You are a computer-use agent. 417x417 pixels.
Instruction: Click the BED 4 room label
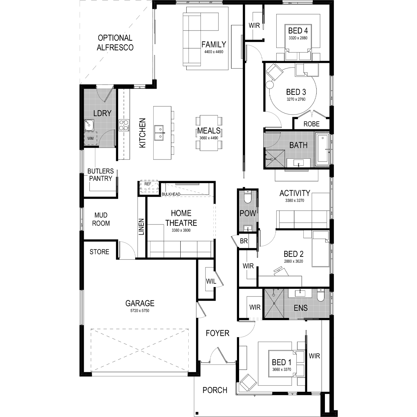pyautogui.click(x=298, y=31)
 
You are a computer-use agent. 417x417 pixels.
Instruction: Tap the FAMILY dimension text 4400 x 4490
pyautogui.click(x=214, y=52)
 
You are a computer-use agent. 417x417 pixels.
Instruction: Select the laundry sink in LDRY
pyautogui.click(x=89, y=125)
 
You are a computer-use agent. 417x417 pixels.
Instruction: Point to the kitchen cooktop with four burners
pyautogui.click(x=124, y=125)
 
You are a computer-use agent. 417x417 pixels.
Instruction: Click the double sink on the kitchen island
pyautogui.click(x=159, y=133)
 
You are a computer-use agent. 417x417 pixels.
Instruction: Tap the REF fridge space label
pyautogui.click(x=148, y=184)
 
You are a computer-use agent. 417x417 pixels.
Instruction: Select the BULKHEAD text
pyautogui.click(x=171, y=194)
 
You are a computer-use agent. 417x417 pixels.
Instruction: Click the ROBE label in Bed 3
pyautogui.click(x=311, y=124)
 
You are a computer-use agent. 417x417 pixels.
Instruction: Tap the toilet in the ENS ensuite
pyautogui.click(x=321, y=295)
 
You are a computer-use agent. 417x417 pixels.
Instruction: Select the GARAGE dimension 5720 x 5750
pyautogui.click(x=140, y=311)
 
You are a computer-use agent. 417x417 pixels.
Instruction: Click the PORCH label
pyautogui.click(x=215, y=390)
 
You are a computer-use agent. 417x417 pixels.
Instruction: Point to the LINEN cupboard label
pyautogui.click(x=141, y=227)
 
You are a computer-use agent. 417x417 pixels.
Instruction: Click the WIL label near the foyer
pyautogui.click(x=211, y=281)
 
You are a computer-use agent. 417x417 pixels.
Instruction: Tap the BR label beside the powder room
pyautogui.click(x=244, y=241)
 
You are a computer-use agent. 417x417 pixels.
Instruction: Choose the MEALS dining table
pyautogui.click(x=209, y=133)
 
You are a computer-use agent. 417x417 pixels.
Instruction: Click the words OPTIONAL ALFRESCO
pyautogui.click(x=115, y=43)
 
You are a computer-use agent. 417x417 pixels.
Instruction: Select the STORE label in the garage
pyautogui.click(x=99, y=252)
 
